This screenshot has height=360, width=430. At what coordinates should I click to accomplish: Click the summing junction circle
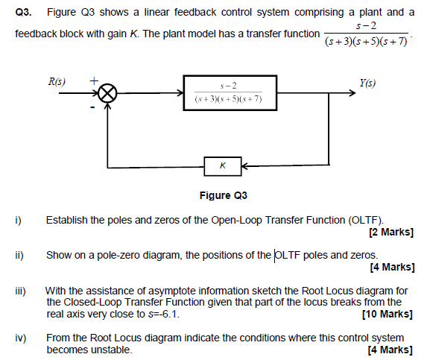(x=109, y=95)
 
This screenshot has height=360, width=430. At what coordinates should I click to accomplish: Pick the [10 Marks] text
(x=388, y=313)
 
